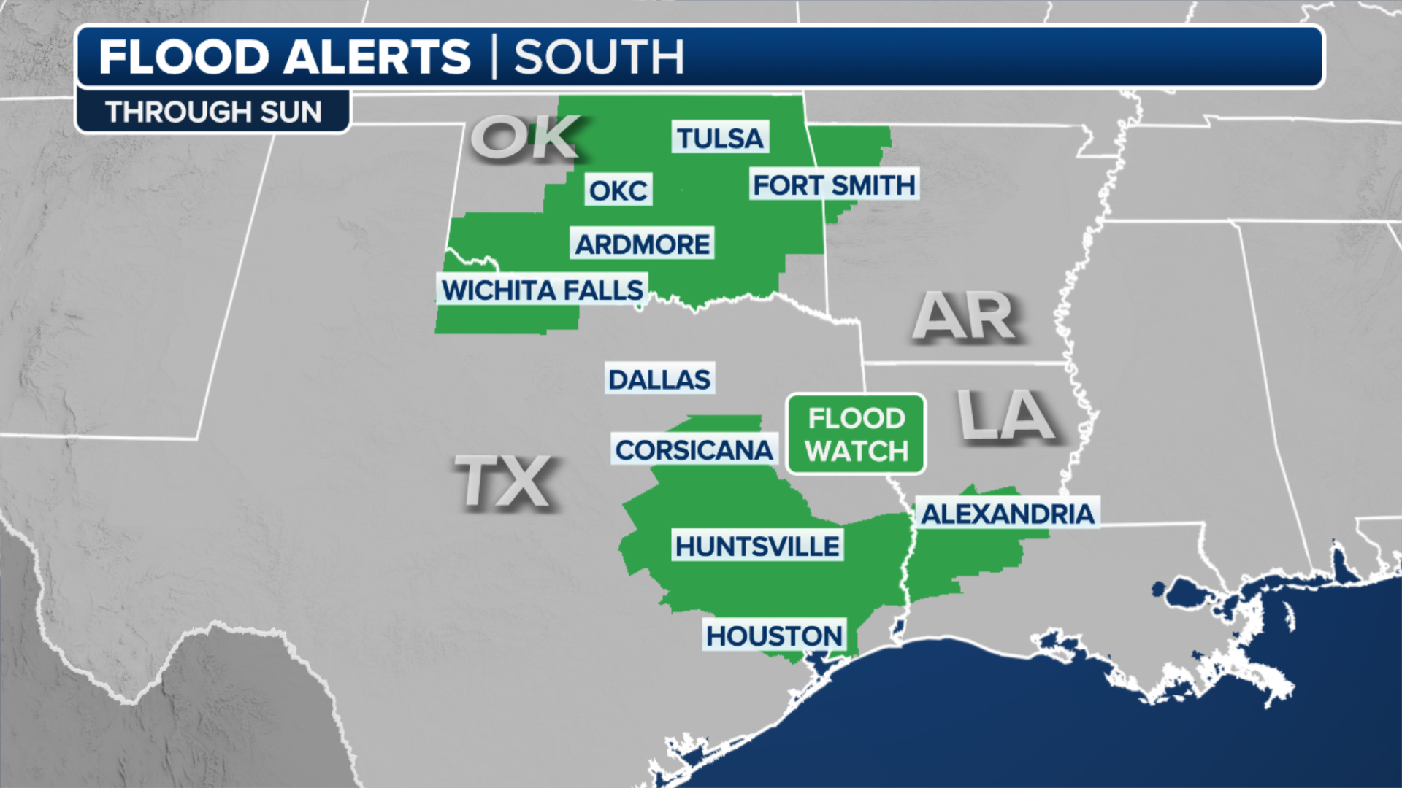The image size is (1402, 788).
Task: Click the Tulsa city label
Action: [x=720, y=138]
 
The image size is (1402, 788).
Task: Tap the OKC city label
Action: [x=618, y=190]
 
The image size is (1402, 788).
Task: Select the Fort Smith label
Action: [x=834, y=185]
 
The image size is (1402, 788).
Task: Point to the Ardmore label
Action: [x=642, y=244]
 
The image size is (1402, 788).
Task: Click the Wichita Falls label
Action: [x=542, y=290]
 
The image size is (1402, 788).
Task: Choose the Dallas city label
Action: [x=659, y=379]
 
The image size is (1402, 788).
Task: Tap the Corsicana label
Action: [x=694, y=450]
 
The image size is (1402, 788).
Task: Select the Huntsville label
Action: [x=757, y=546]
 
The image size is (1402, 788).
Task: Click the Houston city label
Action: [x=774, y=636]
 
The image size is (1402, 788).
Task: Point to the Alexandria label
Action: [x=1007, y=514]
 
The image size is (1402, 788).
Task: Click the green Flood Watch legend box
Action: [x=856, y=434]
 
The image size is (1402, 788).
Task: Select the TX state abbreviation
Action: [x=504, y=482]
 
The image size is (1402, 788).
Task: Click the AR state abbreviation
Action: [x=964, y=316]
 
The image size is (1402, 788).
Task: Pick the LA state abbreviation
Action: [x=1006, y=415]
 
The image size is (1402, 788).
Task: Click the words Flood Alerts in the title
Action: [x=285, y=57]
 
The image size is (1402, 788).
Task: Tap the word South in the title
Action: [x=599, y=57]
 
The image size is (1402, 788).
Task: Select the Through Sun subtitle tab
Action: [x=213, y=112]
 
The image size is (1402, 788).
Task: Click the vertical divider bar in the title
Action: [x=494, y=57]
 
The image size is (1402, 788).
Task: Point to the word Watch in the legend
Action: [x=857, y=452]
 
